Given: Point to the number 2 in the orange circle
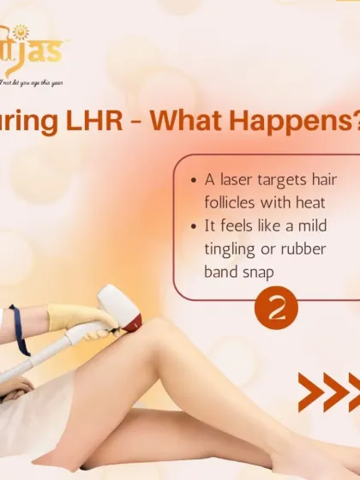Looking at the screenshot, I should click(x=277, y=309).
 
